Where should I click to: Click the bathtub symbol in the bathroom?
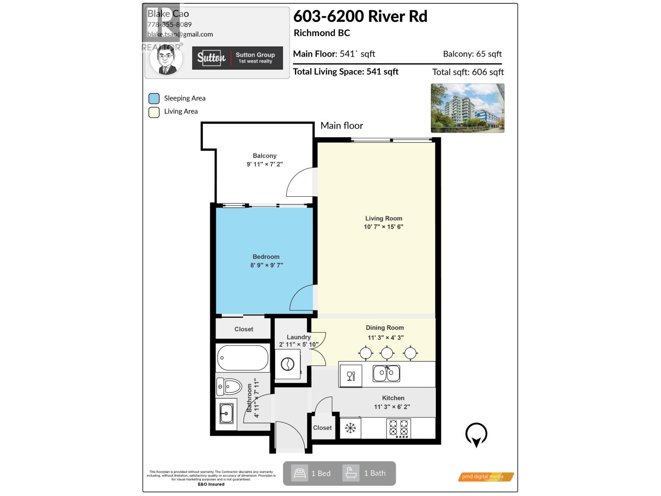(243, 358)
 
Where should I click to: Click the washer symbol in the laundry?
(288, 364)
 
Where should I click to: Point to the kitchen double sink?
(386, 374)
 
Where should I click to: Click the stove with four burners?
(399, 429)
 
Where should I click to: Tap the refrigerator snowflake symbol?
(350, 428)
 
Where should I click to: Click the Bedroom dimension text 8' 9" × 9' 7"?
(266, 265)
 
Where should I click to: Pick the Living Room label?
(383, 218)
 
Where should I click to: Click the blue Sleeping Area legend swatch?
(154, 98)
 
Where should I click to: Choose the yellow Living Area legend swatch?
(154, 112)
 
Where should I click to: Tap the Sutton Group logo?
(237, 58)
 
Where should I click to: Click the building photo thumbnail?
(467, 108)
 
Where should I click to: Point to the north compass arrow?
(476, 435)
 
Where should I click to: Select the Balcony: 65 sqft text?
(472, 54)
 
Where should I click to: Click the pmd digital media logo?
(485, 477)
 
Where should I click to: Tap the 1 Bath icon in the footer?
(351, 473)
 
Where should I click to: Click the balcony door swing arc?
(301, 182)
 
